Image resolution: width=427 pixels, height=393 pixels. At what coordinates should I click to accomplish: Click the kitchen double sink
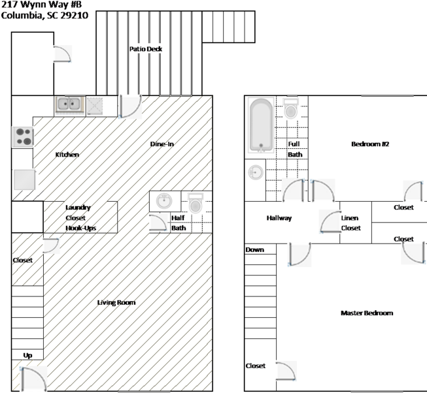tap(70, 104)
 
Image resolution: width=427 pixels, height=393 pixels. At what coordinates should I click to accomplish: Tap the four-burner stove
tap(23, 136)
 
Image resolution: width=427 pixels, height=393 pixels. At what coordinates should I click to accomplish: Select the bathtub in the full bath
tap(261, 125)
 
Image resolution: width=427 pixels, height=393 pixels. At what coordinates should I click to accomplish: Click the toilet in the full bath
tap(290, 108)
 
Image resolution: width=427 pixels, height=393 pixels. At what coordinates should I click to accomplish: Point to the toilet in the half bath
tap(196, 203)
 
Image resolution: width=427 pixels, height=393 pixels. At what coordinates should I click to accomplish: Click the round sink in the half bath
tap(164, 201)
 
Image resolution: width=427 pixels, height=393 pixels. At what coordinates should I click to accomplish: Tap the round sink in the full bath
tap(256, 172)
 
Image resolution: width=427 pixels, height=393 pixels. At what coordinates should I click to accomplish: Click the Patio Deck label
tap(146, 49)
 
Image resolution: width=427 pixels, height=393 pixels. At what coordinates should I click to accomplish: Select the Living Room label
tap(116, 302)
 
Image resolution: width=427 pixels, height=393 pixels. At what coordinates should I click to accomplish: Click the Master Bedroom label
tap(367, 313)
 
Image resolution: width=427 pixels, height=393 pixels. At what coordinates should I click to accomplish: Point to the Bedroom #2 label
tap(370, 144)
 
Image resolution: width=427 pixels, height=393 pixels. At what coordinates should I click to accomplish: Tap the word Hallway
tap(279, 218)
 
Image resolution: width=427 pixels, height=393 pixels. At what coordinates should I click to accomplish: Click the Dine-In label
tap(162, 144)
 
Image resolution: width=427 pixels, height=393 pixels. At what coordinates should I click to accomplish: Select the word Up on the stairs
tap(27, 355)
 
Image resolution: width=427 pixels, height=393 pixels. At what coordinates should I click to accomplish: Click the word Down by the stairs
tap(254, 249)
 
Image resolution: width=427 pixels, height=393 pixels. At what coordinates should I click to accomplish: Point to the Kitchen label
tap(67, 154)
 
